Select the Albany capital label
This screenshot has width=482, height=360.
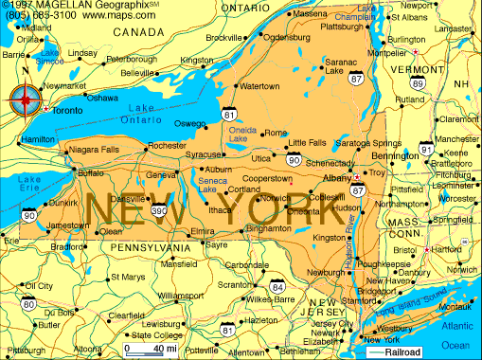coord(335,177)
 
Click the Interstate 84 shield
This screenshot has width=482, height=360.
coord(277,286)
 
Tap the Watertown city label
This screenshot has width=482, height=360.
coord(259,86)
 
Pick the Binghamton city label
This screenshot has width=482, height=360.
coord(268,228)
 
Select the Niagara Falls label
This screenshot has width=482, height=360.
coord(93,150)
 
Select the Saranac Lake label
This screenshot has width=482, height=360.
coord(342,66)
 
